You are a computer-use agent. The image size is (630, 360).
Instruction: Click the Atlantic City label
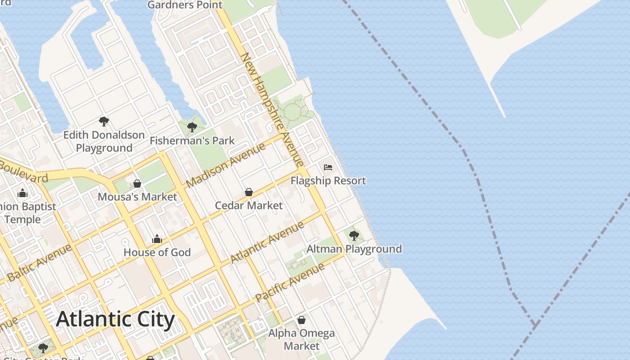pos(115,319)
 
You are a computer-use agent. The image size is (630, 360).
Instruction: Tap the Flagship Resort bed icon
pos(328,167)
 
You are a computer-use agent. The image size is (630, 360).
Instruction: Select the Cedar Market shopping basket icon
pos(248,193)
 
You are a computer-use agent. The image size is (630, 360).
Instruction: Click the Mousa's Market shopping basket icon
pos(137,184)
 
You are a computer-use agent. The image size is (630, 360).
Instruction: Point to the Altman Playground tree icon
pos(354,235)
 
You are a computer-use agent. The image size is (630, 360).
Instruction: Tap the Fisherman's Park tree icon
pos(192,127)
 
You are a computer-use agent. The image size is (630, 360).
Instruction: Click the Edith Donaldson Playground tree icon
pos(104,121)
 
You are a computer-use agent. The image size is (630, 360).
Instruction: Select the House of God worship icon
pos(157,239)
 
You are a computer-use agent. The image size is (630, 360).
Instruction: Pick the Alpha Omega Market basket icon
pos(301,320)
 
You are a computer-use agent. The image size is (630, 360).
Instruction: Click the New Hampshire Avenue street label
pos(273,110)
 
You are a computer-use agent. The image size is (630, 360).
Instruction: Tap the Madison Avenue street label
pos(226,165)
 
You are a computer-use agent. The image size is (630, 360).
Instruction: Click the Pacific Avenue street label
pos(290,283)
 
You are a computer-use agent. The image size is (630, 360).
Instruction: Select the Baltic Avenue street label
pos(40,263)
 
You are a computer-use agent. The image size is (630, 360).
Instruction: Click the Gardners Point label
pos(185,5)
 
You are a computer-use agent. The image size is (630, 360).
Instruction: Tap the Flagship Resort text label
pos(328,181)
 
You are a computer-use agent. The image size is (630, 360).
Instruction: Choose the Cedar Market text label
pos(248,206)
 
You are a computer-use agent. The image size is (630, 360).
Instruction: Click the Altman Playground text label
pos(354,249)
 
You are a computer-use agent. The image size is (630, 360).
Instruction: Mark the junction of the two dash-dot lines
pos(535,324)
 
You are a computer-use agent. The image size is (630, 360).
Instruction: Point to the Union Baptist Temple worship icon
pos(22,194)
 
